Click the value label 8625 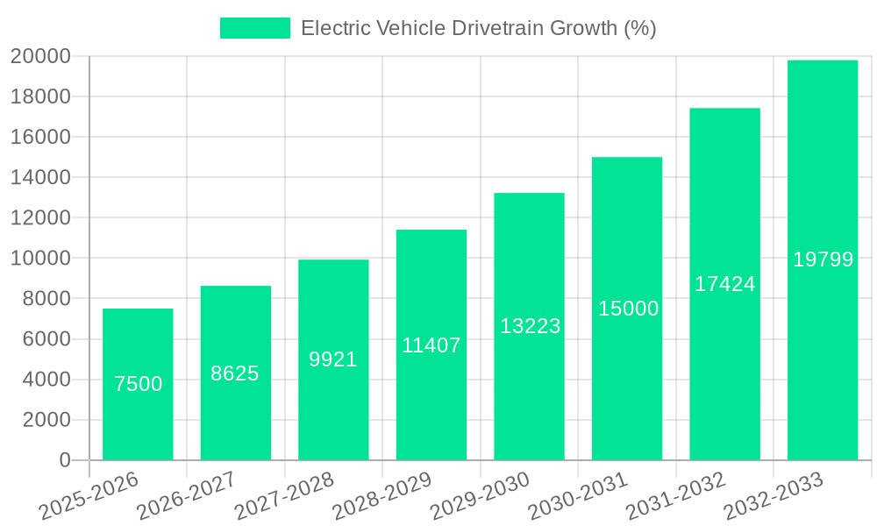point(235,373)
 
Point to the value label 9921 point(333,359)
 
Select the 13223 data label point(530,326)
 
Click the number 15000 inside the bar point(628,309)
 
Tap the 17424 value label point(725,284)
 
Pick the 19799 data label point(823,259)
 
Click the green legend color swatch point(254,28)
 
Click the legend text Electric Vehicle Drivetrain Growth point(478,28)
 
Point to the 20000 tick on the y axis point(40,56)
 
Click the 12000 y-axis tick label point(40,217)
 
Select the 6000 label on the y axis point(46,339)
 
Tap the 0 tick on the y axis point(64,460)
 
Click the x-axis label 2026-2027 point(187,496)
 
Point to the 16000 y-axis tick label point(40,137)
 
